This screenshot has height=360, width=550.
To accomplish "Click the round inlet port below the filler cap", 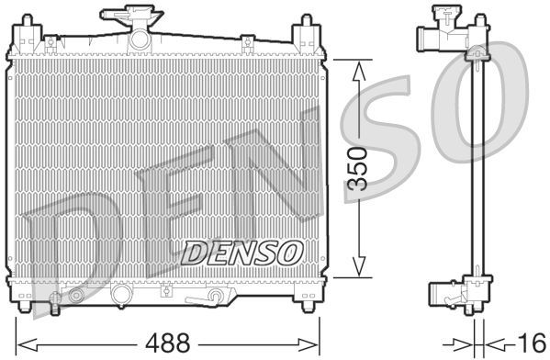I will pos(139,39).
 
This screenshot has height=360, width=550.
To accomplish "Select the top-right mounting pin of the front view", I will pos(301,32).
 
